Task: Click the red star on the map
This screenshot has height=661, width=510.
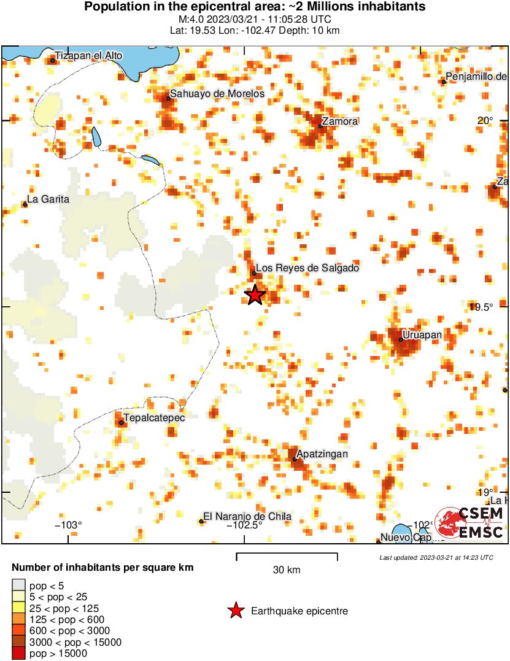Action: coord(255,295)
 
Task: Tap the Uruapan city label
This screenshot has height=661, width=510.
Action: coord(422,334)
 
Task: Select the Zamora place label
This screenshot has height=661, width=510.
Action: coord(339,122)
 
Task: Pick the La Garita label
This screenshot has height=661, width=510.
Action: coord(48,199)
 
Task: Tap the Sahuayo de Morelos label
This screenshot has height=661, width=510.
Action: coord(217,94)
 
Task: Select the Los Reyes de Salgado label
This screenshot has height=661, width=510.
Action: coord(307,268)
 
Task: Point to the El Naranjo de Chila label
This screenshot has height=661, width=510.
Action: coord(247,517)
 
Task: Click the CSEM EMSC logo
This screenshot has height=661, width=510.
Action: coord(471,523)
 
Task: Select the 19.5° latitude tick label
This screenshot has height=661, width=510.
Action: coord(481,307)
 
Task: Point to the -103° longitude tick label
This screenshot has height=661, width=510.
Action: coord(68,525)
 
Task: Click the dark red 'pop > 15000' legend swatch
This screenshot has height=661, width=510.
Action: coord(18,654)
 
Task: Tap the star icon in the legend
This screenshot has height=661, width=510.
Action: coord(235,611)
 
